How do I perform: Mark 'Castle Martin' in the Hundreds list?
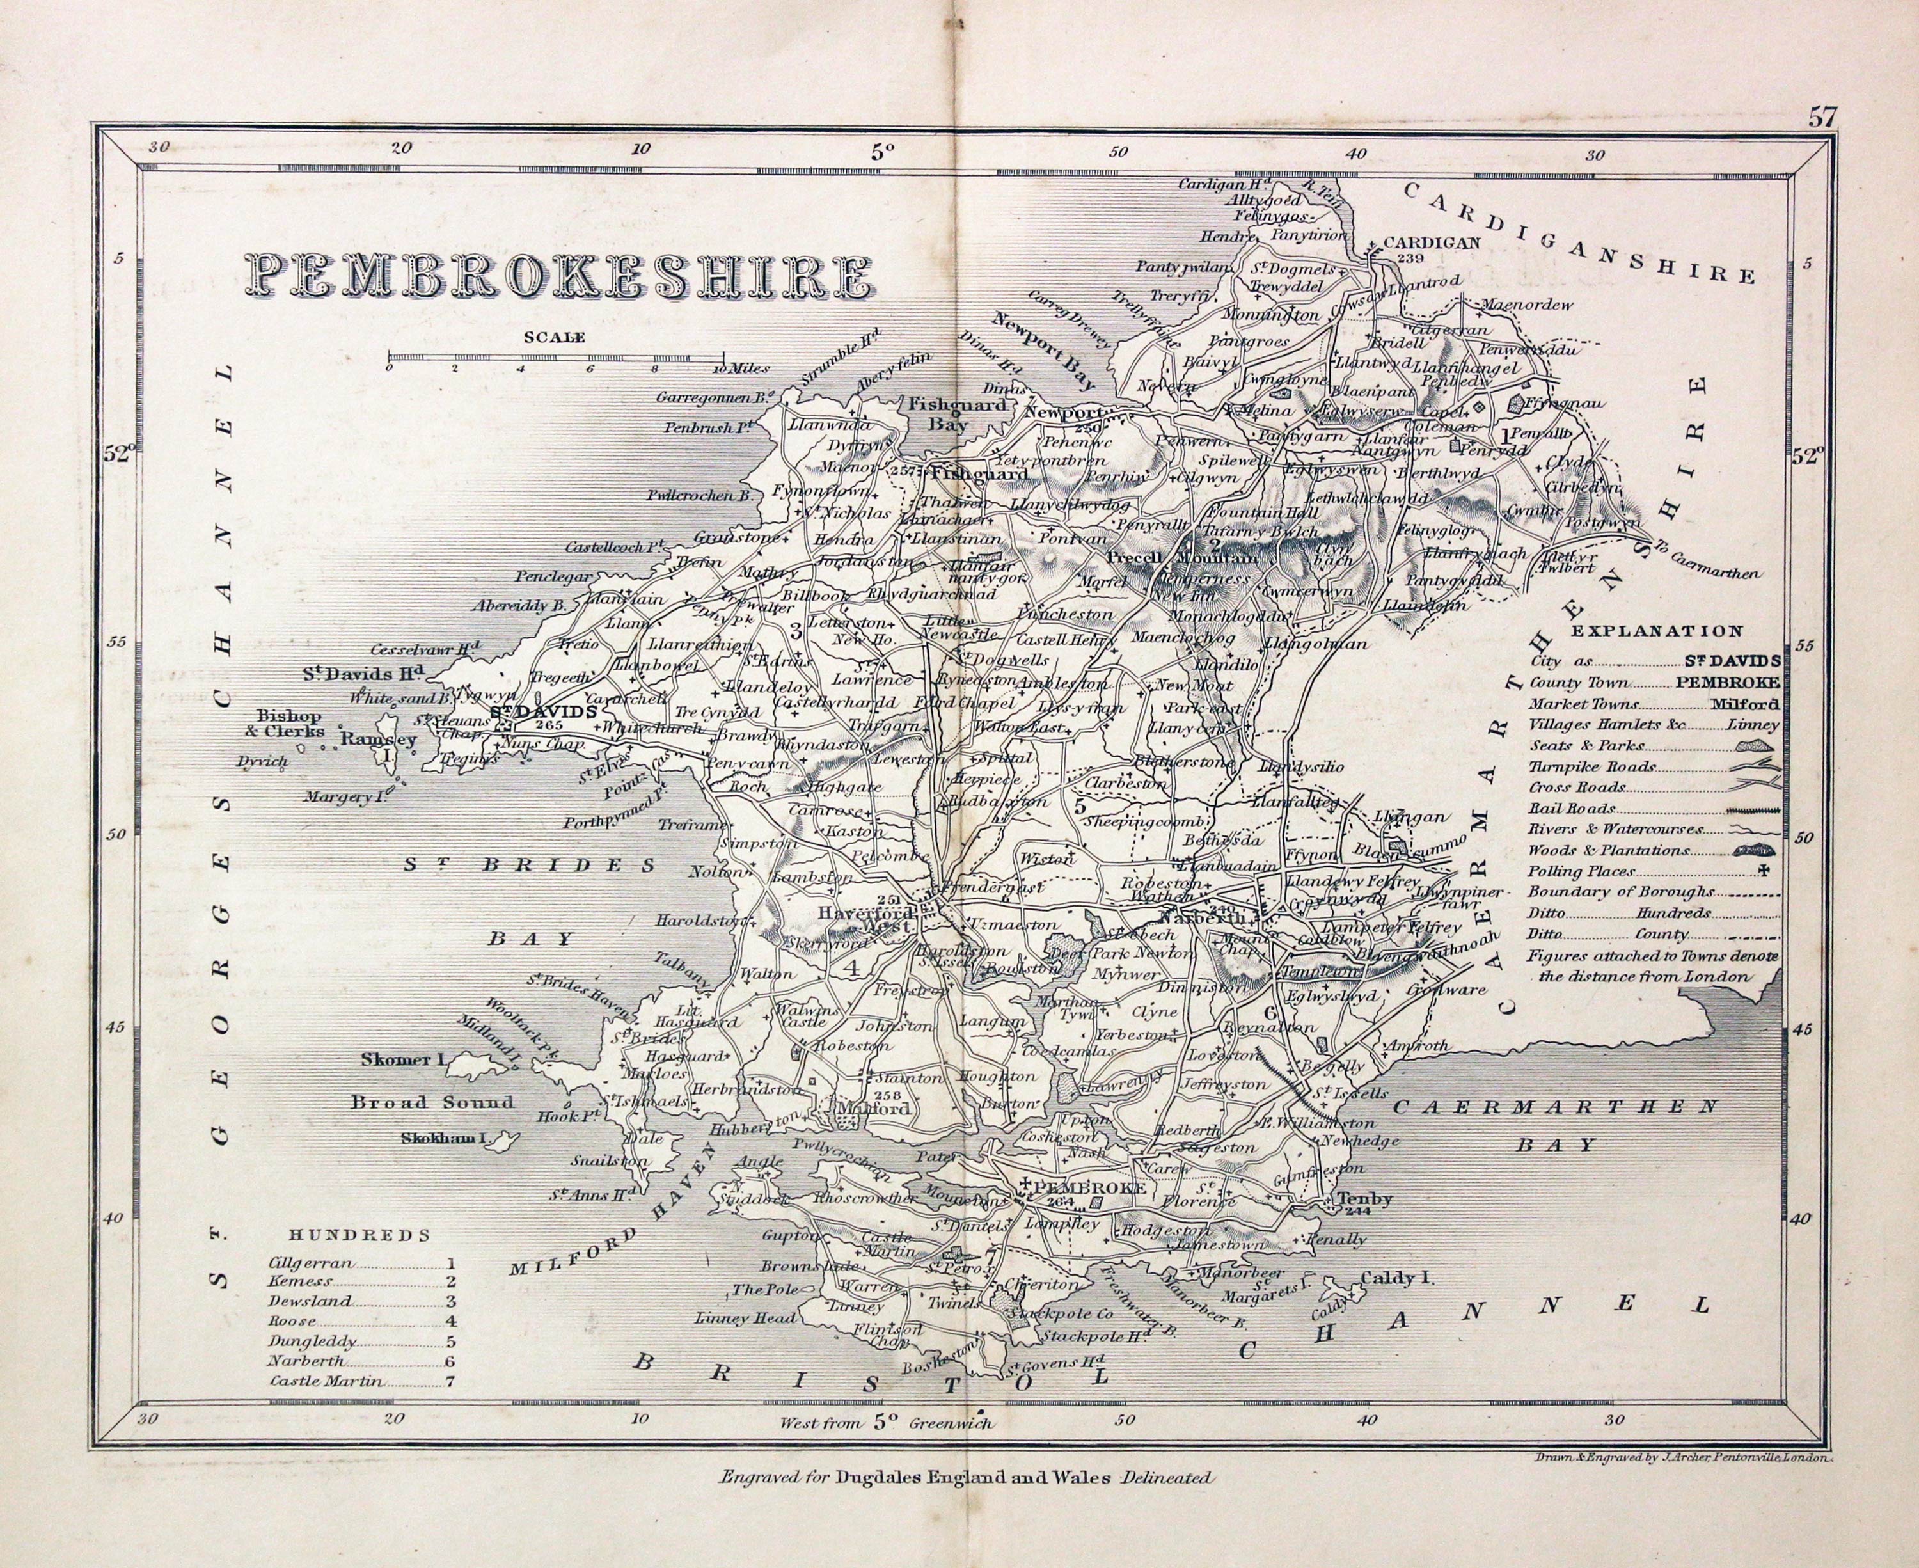pos(325,1381)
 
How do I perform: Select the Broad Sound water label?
pos(432,1102)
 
